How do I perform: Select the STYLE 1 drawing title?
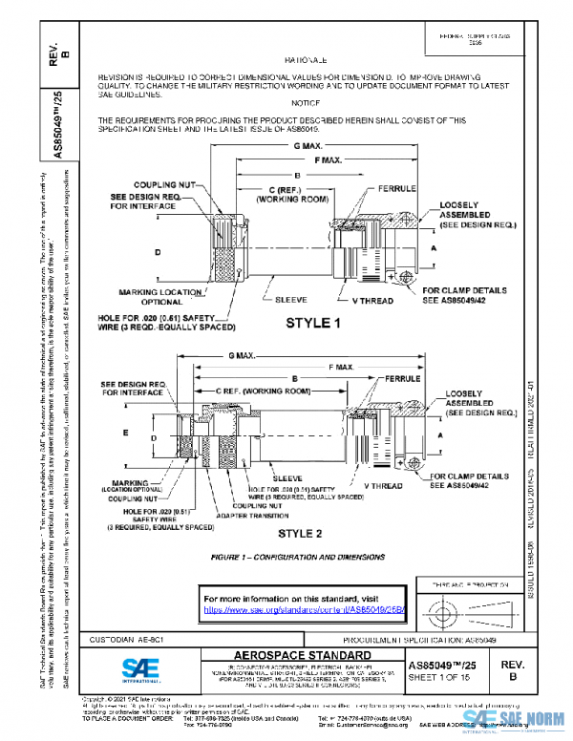tap(313, 324)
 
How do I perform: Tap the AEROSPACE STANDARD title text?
tap(290, 654)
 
